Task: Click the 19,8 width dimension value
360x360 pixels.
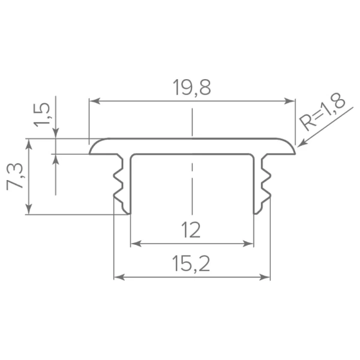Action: pos(192,88)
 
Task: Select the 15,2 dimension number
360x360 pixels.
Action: pos(191,264)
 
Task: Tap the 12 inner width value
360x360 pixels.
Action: pos(191,230)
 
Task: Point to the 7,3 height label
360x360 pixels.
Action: pos(16,176)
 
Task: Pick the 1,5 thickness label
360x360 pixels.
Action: pos(42,115)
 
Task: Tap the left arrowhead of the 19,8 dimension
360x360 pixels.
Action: pos(95,101)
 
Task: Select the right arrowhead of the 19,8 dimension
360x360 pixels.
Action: pos(289,101)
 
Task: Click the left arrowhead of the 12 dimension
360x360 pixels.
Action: pos(136,244)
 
